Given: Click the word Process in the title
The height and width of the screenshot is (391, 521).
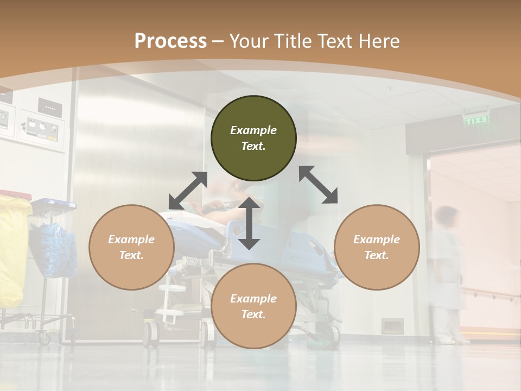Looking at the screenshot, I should (170, 41).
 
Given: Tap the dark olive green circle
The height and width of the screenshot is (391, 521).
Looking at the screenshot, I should (253, 138).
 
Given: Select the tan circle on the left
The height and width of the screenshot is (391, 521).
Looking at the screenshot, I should (131, 247).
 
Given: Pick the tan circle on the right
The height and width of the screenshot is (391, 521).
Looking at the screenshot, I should (377, 247).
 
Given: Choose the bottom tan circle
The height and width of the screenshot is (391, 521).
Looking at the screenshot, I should (253, 306).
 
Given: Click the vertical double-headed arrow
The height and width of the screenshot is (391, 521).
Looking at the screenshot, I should (249, 223).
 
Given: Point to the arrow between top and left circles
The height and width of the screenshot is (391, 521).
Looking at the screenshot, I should (188, 191).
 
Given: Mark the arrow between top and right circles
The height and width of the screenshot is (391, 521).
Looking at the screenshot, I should (318, 185).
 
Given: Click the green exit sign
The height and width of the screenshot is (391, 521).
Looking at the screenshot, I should (476, 120).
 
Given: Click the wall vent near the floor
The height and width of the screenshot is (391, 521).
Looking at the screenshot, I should (392, 325).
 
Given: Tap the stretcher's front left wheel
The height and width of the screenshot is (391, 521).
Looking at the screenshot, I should (150, 332).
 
